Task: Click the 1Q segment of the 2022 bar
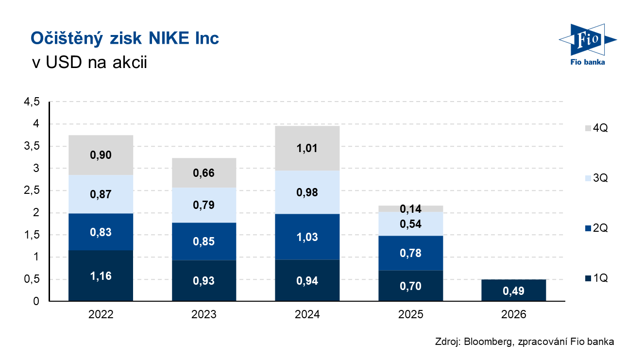101,275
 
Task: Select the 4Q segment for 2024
307,148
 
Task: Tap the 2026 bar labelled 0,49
513,291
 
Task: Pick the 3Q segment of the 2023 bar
204,205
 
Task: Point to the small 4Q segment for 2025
410,209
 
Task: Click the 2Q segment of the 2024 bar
307,237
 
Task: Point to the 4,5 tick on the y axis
30,102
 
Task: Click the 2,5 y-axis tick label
30,191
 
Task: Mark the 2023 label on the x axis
204,314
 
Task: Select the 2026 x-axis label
513,314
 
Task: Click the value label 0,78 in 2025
410,253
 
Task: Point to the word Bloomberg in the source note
486,342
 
